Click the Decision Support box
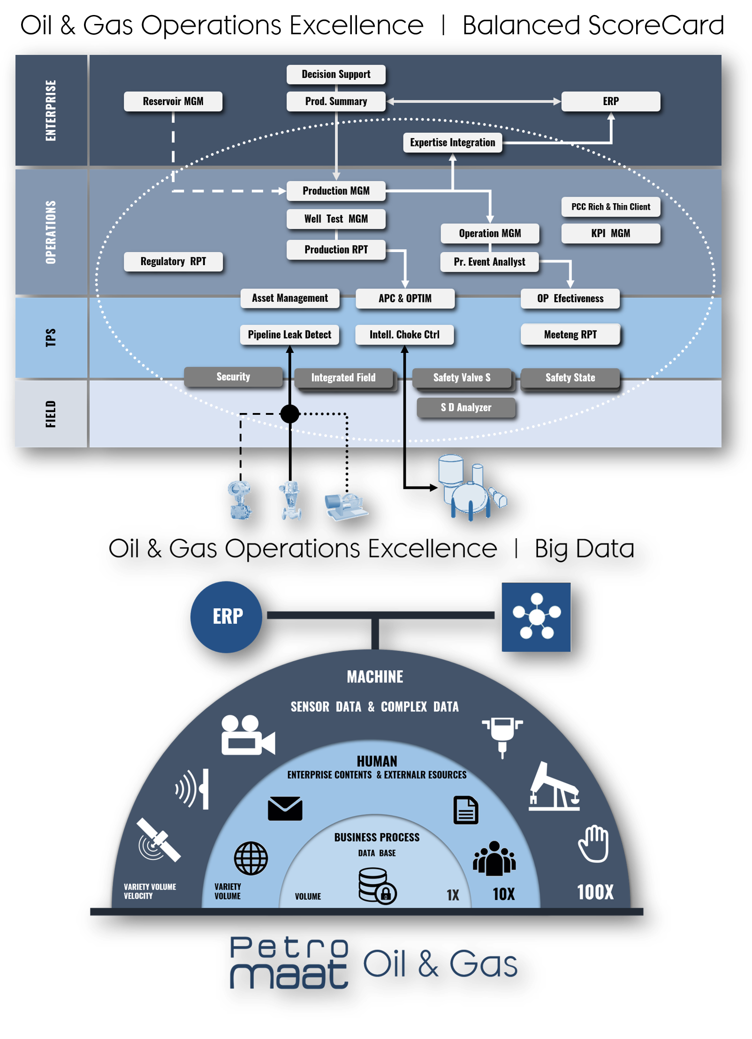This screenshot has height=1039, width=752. pyautogui.click(x=336, y=74)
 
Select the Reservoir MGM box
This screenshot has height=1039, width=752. pyautogui.click(x=173, y=101)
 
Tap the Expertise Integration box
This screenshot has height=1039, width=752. pyautogui.click(x=452, y=143)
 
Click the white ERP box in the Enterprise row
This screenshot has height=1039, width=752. pyautogui.click(x=610, y=101)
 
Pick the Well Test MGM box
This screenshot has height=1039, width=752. pyautogui.click(x=336, y=219)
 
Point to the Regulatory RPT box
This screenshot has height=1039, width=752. pyautogui.click(x=173, y=261)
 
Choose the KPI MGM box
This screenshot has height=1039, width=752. pyautogui.click(x=610, y=233)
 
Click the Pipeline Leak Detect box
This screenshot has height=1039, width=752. pyautogui.click(x=289, y=335)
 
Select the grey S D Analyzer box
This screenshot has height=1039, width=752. pyautogui.click(x=466, y=407)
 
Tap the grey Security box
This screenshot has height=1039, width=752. pyautogui.click(x=233, y=377)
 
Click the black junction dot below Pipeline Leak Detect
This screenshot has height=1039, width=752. pyautogui.click(x=289, y=413)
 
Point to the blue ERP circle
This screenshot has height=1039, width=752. pyautogui.click(x=227, y=617)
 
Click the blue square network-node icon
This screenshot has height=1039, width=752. pyautogui.click(x=536, y=617)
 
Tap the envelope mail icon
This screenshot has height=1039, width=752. pyautogui.click(x=285, y=808)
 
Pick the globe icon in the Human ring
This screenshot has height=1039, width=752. pyautogui.click(x=251, y=858)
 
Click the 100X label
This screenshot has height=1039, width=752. pyautogui.click(x=595, y=892)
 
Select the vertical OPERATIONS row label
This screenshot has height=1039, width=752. pyautogui.click(x=51, y=232)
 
